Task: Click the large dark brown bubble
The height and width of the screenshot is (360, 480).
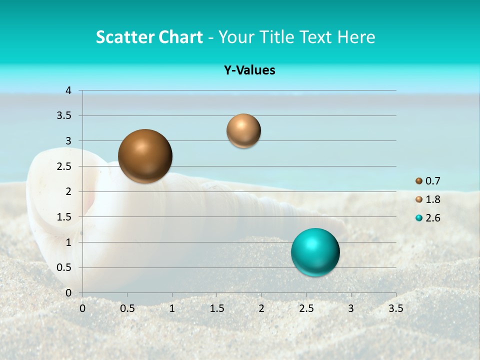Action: tap(145, 156)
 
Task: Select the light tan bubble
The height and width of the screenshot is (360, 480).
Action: tap(243, 131)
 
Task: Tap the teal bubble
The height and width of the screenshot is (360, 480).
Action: tap(315, 252)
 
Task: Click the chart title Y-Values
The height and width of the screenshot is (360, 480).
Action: tap(249, 70)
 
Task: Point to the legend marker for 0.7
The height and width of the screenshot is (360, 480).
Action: tap(418, 181)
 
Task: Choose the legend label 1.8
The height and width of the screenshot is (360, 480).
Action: tap(433, 199)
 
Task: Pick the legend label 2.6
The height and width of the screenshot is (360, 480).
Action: tap(433, 218)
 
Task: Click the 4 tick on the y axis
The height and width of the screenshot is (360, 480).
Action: tap(68, 90)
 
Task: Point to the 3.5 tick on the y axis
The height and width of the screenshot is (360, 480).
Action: tap(65, 116)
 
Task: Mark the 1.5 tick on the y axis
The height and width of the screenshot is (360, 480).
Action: tap(65, 217)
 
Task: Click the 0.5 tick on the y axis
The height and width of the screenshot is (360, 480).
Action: tap(65, 267)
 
